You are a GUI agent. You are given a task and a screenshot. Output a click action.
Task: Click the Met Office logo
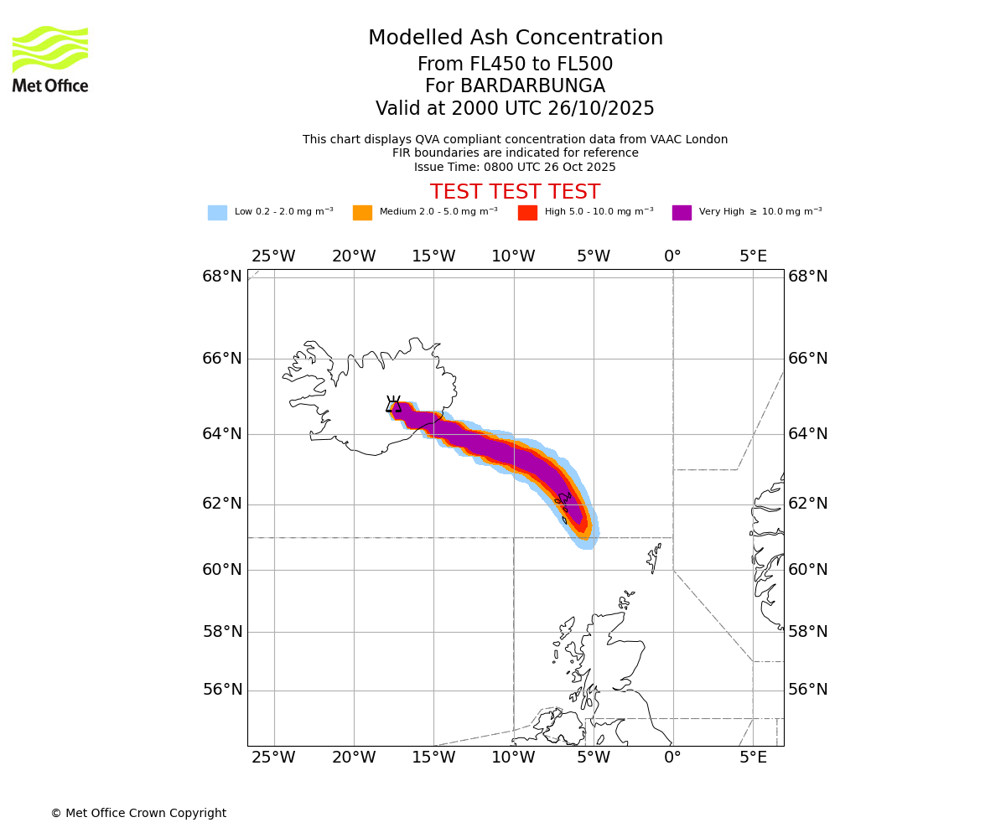50,59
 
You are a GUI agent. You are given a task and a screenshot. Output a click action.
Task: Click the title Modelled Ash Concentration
515,38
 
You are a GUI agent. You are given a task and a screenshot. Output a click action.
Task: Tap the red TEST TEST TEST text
515,192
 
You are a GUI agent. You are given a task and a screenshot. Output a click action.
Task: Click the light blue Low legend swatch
217,213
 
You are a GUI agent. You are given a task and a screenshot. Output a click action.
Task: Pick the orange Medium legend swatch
362,213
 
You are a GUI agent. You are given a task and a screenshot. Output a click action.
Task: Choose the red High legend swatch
527,213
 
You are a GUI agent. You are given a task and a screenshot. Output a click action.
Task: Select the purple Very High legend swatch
682,213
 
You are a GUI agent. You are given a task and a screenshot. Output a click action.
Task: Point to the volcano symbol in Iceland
393,404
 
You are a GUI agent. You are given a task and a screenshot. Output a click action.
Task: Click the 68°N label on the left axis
222,277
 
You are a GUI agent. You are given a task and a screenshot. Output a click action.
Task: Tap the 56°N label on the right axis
808,690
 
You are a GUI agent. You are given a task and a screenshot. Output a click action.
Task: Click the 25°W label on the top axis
273,256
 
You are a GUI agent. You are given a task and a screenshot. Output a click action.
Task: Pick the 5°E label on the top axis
753,256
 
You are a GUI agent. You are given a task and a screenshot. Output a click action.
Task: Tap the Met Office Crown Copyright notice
138,813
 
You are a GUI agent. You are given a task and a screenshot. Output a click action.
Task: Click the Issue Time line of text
515,167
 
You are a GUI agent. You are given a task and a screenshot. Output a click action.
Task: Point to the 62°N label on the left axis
222,504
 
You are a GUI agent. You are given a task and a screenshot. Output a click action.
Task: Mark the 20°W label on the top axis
353,256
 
